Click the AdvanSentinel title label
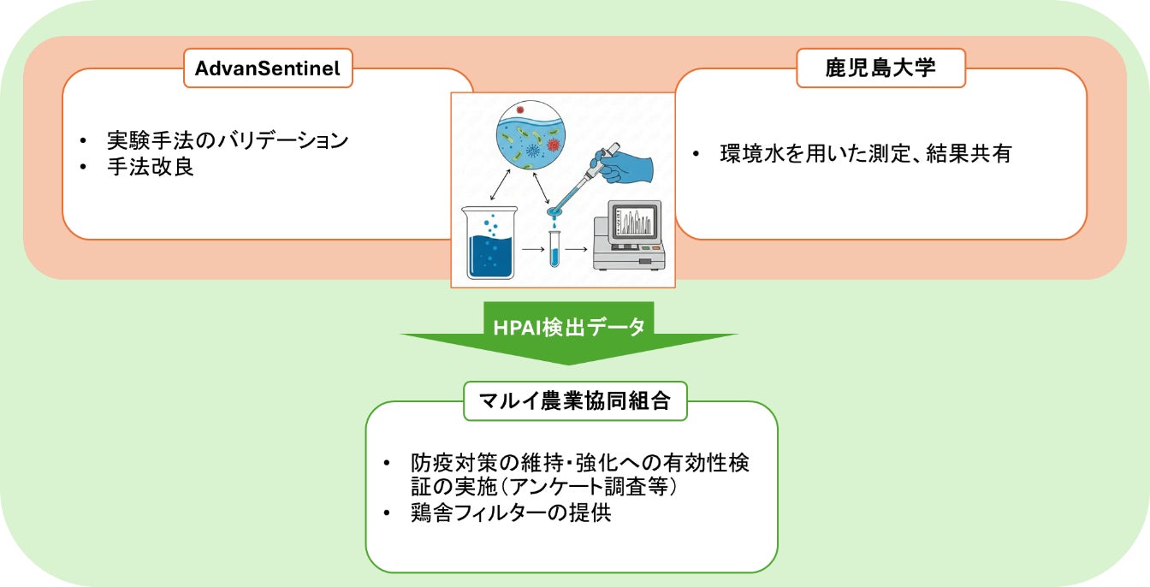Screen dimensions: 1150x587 [x=268, y=69]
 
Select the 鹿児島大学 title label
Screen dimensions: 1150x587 [x=880, y=68]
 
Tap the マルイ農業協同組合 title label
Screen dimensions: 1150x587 [x=575, y=401]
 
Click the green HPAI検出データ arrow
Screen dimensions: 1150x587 [x=569, y=329]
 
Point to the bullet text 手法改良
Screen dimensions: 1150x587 [x=151, y=166]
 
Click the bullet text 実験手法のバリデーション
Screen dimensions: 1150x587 [x=227, y=139]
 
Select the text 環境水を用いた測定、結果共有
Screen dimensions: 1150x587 [x=866, y=154]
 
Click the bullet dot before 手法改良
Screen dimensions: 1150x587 [x=83, y=167]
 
